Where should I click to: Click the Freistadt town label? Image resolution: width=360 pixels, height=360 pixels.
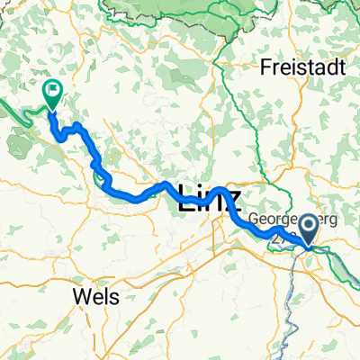tap(299, 66)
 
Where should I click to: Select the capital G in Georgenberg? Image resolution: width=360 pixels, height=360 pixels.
tap(255, 218)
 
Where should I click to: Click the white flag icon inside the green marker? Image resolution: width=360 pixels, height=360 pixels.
tap(51, 89)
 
